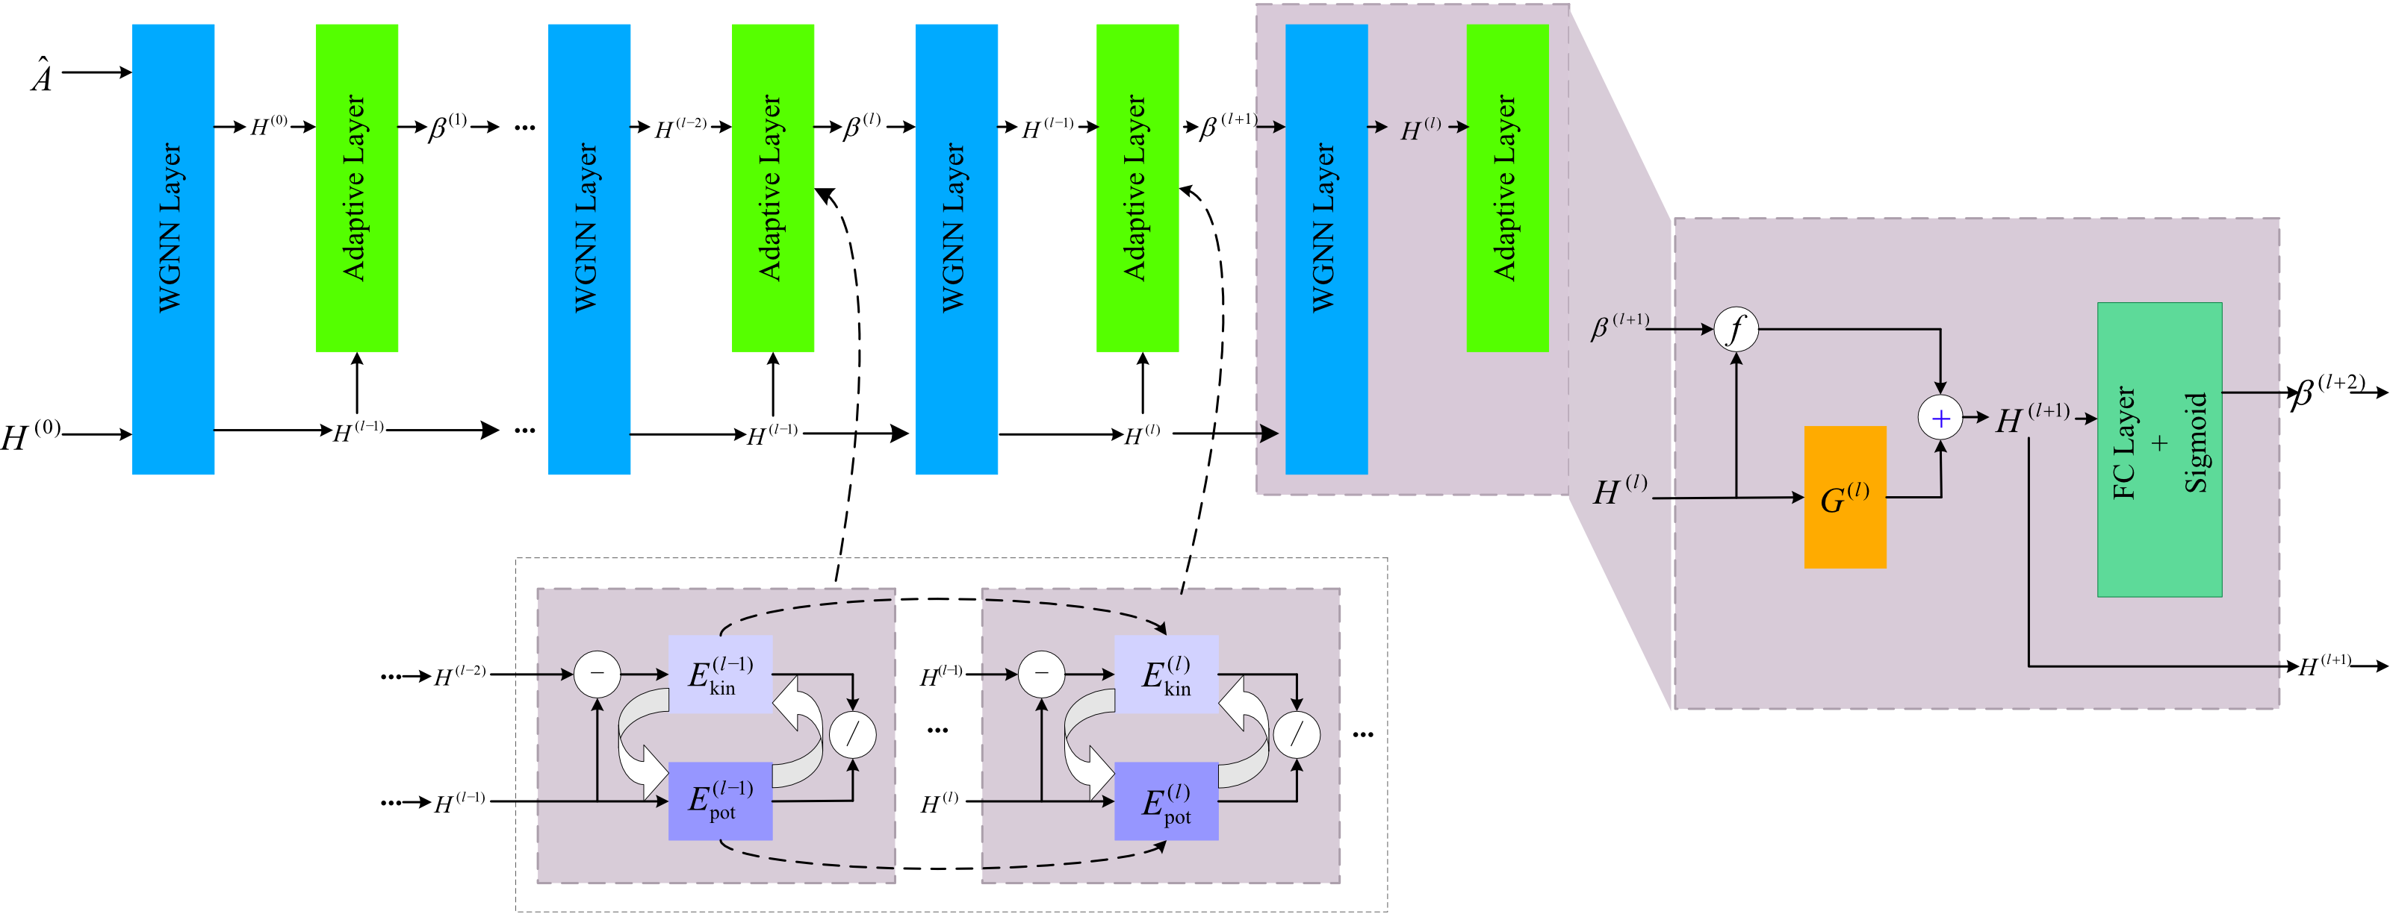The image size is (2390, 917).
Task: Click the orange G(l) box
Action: (x=1845, y=497)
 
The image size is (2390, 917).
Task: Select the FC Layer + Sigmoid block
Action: (x=2159, y=450)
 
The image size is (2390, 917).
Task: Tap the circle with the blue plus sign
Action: (x=1940, y=418)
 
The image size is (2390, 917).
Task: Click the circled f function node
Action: (x=1736, y=329)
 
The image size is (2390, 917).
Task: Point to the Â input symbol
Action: (x=42, y=76)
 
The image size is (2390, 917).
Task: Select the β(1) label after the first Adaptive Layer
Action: (x=447, y=127)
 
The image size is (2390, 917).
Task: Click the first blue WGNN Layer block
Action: (x=173, y=248)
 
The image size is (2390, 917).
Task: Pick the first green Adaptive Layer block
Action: (x=356, y=187)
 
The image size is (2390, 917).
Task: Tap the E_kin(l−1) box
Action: (x=720, y=674)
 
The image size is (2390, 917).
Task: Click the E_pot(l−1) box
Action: (x=720, y=800)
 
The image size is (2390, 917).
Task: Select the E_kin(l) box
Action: (x=1165, y=674)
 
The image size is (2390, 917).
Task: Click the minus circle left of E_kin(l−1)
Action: (x=597, y=674)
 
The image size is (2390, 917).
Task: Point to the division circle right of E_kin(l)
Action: (x=1296, y=735)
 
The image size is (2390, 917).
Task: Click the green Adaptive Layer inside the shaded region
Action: (x=1506, y=187)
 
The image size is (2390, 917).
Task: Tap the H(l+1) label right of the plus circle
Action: (x=2031, y=418)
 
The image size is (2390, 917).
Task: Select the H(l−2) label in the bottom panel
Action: (x=459, y=676)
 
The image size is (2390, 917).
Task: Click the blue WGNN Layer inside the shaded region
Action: (x=1326, y=248)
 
